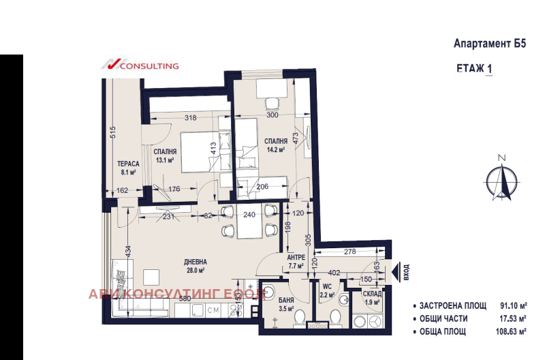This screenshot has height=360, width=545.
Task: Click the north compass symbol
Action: pos(502,179)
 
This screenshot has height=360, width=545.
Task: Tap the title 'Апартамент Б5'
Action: pos(490,44)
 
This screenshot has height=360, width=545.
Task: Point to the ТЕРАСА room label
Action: pos(128,164)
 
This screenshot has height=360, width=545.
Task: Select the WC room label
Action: pos(328,287)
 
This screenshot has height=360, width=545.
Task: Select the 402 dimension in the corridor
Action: pos(334,273)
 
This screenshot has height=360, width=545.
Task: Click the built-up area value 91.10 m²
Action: pos(514,306)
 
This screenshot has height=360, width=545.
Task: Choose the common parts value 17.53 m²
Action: pos(514,319)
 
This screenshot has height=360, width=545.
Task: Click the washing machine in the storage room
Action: pos(373,319)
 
